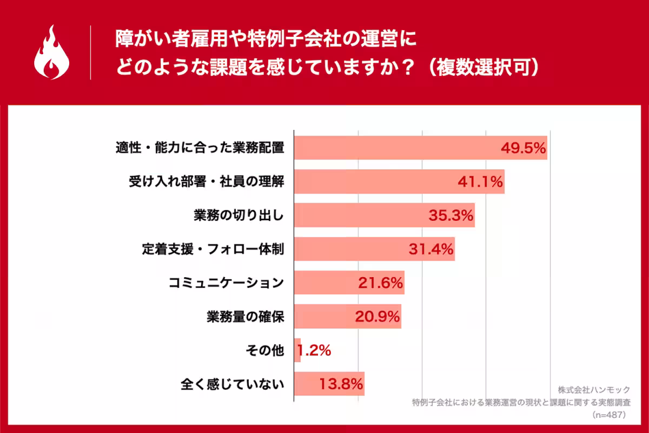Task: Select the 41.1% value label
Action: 480,182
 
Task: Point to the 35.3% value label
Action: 451,215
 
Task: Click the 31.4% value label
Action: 430,249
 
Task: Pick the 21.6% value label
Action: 380,283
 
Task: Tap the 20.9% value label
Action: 377,316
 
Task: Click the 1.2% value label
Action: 314,350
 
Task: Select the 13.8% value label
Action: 340,384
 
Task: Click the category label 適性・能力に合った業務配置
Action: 200,148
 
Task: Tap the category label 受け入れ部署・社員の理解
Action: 207,182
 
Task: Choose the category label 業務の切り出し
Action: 239,215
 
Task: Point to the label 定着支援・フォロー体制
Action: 213,249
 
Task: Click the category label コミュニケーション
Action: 226,283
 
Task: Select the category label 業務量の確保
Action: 245,316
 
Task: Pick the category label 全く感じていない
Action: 232,384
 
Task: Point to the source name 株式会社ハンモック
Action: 594,390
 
